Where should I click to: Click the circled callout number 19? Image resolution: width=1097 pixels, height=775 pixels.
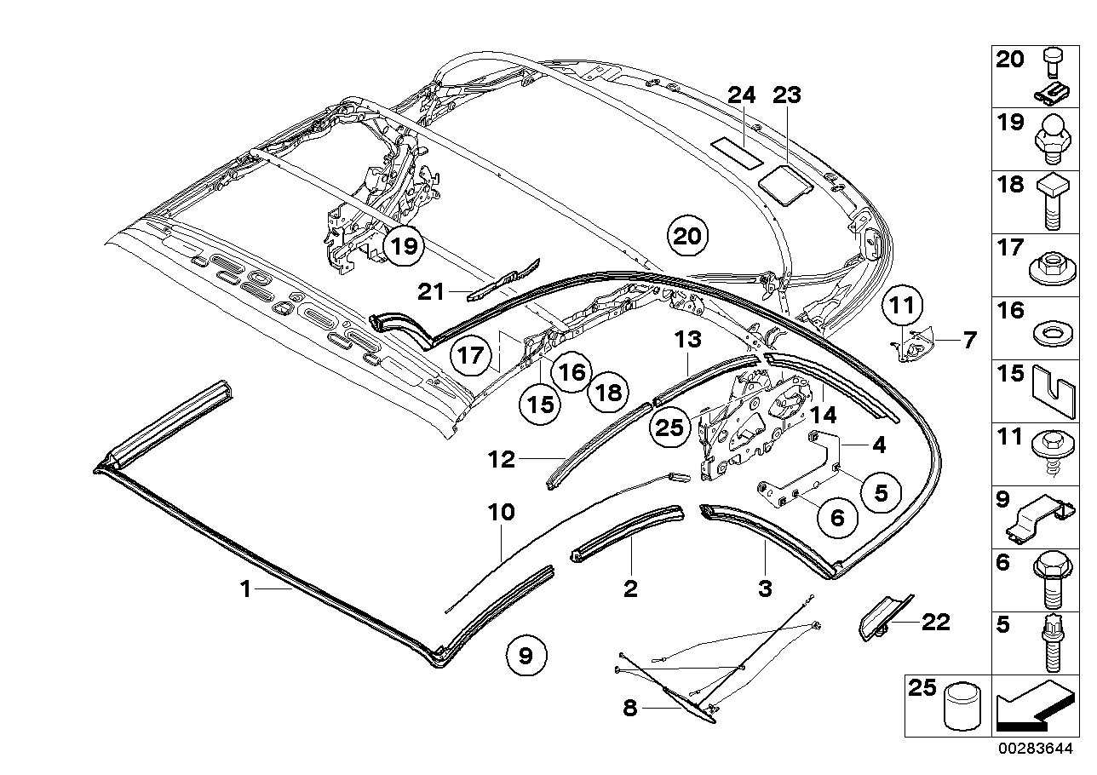[x=406, y=247]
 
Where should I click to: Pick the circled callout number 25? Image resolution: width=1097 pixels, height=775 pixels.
[x=670, y=428]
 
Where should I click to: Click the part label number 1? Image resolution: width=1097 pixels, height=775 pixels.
[x=245, y=588]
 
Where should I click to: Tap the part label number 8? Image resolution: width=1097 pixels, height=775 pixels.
[x=630, y=709]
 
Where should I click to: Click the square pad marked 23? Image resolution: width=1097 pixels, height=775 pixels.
[x=784, y=182]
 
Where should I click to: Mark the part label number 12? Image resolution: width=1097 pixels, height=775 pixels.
[x=503, y=460]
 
